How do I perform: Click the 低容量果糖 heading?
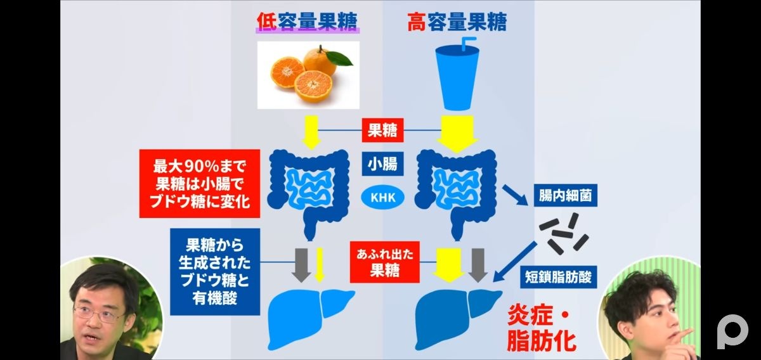coord(308,23)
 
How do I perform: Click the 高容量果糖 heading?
coord(457,23)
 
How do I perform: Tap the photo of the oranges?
coord(308,74)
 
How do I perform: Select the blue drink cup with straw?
coord(457,73)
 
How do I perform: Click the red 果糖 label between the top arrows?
coord(382,131)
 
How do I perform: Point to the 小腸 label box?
coord(382,165)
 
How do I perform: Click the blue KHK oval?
coord(382,198)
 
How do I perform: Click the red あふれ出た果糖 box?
coord(384,263)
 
